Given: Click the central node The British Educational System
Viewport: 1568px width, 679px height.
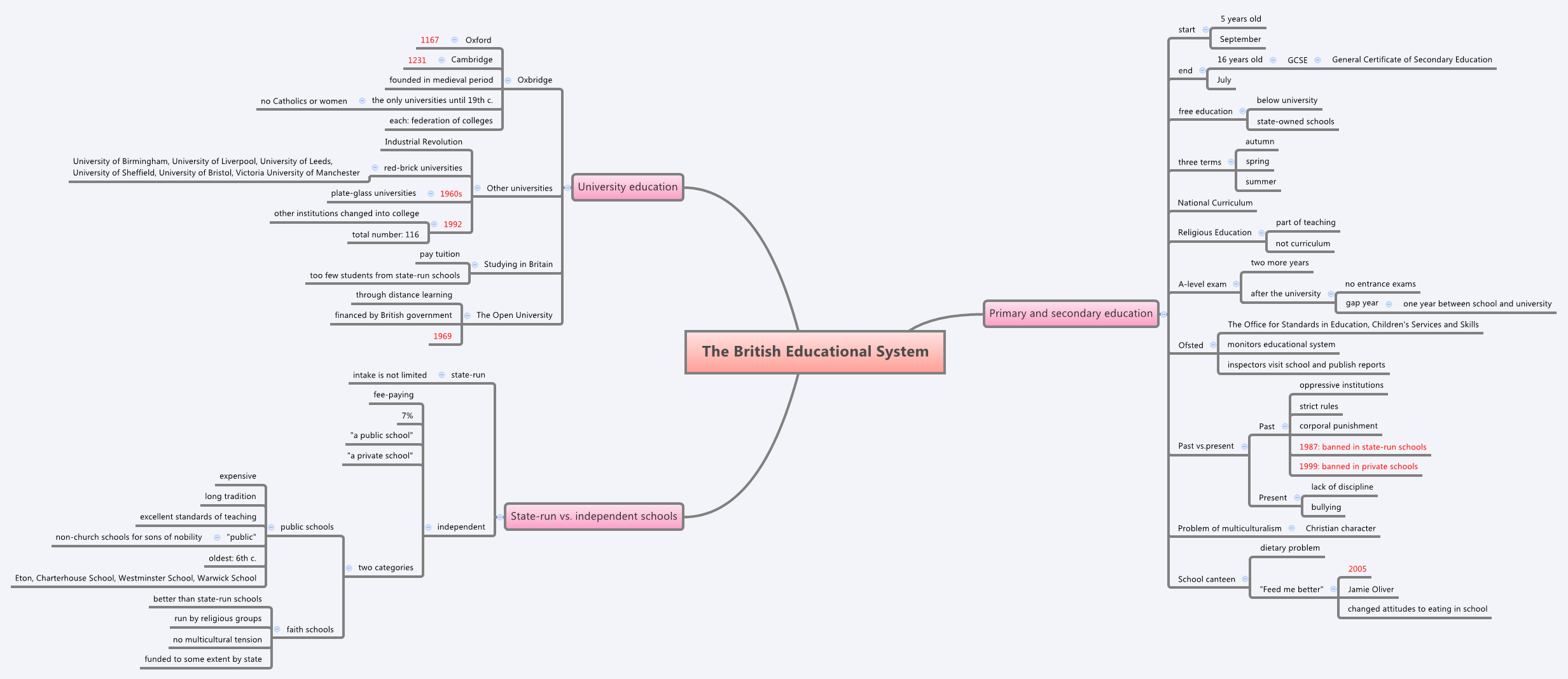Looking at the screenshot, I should point(815,352).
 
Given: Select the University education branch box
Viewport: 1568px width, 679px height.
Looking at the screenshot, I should point(627,187).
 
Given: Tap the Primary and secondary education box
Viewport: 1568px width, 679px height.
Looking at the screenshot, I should point(1071,313).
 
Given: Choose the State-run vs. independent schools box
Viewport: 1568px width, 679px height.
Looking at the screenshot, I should point(593,516).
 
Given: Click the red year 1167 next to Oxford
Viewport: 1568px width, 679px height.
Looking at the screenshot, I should point(429,40).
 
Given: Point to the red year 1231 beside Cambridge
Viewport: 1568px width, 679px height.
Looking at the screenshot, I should point(417,60).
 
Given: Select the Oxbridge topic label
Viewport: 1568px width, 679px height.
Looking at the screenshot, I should point(534,80).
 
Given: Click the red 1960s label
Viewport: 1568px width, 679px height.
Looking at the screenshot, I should point(451,194).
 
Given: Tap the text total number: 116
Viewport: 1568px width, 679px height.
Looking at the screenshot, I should point(385,235).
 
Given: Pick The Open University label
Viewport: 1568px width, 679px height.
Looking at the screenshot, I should point(514,315).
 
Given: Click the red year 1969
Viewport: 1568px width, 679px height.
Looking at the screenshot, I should point(442,336).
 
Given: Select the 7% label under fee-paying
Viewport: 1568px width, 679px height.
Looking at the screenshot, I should point(407,416).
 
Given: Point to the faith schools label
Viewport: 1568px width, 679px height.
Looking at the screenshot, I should point(310,629).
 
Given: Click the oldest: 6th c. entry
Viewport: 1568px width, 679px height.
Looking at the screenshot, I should point(232,558).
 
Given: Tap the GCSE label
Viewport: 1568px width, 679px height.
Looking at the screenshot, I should point(1297,60).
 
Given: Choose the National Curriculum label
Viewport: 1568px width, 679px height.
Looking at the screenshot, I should point(1215,203).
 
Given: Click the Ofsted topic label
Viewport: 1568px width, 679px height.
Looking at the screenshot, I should point(1190,345).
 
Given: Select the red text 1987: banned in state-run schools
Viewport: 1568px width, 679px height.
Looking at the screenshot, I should point(1363,447).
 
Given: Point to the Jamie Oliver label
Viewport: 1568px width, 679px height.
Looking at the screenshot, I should point(1371,589).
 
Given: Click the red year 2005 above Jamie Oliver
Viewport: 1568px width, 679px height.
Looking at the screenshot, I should point(1357,569).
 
